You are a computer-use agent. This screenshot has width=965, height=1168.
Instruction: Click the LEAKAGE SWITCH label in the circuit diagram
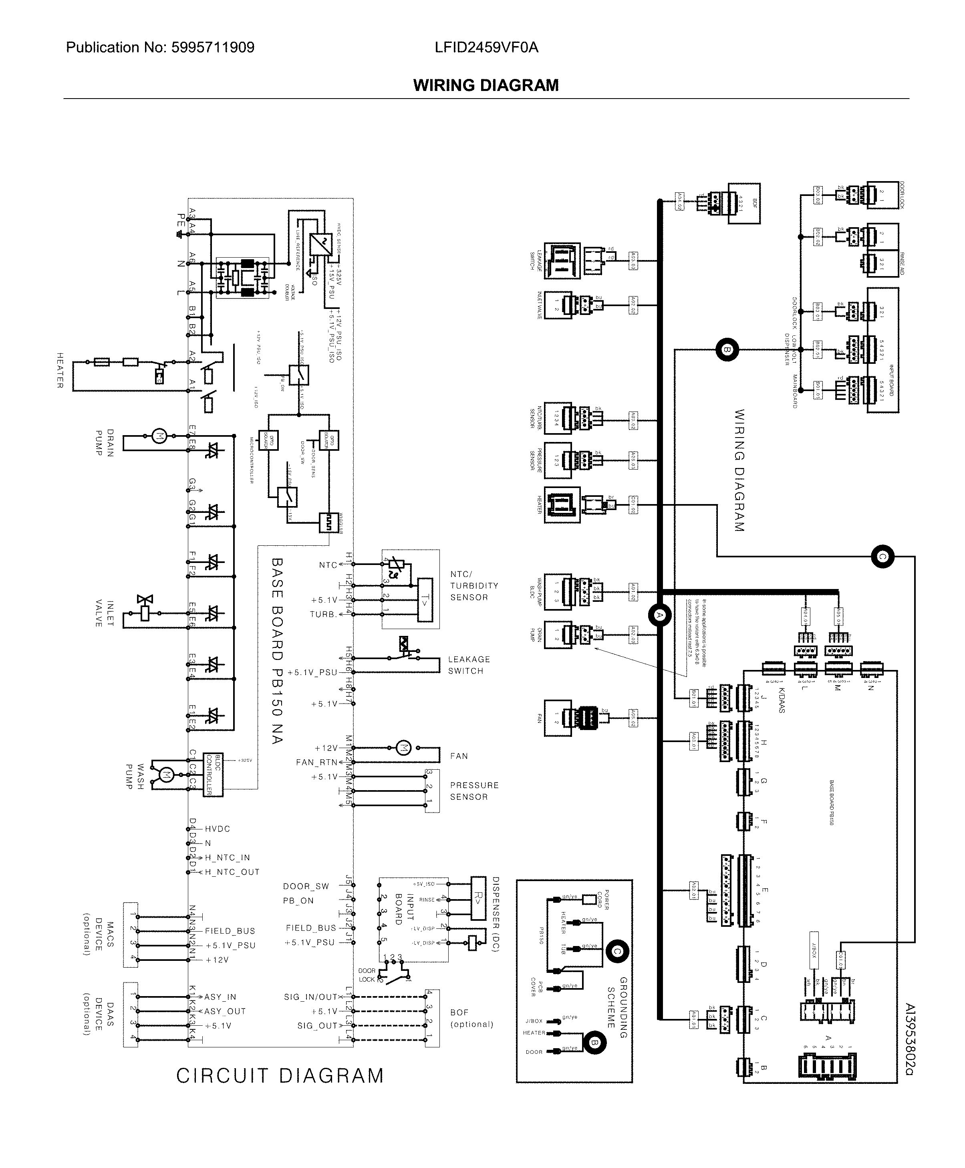point(469,665)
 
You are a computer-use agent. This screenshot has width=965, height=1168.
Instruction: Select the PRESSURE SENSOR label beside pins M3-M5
point(474,791)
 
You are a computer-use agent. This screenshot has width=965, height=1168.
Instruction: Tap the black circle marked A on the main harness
point(660,615)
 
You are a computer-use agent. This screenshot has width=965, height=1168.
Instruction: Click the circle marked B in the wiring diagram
point(727,350)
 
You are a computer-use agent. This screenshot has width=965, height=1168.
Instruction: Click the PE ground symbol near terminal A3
point(179,234)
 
